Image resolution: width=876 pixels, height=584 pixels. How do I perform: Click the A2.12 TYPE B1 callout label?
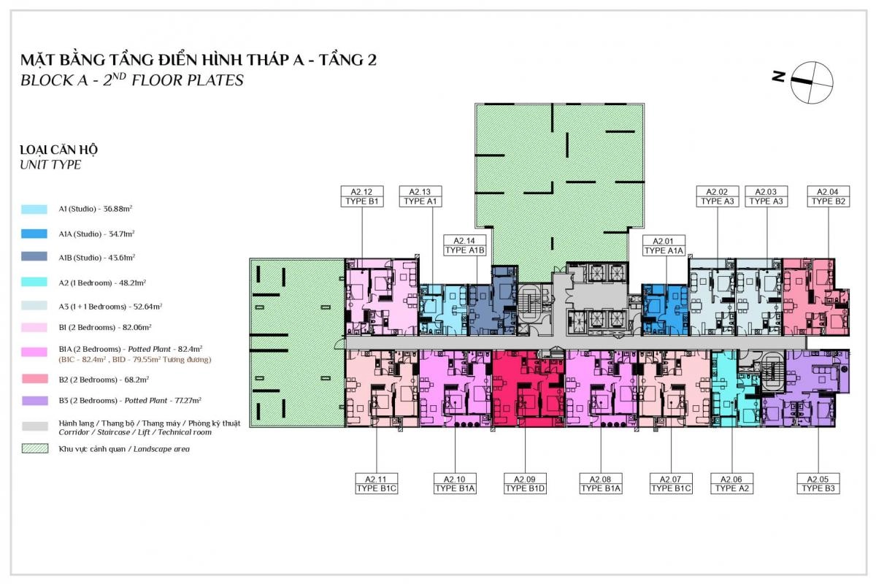(362, 196)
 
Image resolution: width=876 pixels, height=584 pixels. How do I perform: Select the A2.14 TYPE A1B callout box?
(464, 245)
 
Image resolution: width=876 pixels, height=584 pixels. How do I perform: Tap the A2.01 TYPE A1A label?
(664, 246)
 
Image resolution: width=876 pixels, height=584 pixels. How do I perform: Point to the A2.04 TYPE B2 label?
(829, 196)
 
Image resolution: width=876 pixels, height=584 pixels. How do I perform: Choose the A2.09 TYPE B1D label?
(525, 483)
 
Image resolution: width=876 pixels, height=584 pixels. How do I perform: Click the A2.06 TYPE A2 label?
(731, 483)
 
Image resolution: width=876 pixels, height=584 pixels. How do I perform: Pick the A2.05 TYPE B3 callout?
(818, 483)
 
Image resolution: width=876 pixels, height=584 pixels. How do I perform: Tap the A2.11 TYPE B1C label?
(376, 483)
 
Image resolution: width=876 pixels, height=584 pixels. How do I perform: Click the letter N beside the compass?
(778, 77)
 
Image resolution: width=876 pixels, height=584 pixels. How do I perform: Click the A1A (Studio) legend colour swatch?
(34, 234)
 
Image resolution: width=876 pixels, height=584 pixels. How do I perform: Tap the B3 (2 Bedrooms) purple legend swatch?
(35, 401)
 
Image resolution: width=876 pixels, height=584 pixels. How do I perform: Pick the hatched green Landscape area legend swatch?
(35, 448)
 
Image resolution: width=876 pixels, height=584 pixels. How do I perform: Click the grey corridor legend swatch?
(35, 426)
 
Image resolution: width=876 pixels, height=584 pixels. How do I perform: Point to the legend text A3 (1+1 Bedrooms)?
(110, 307)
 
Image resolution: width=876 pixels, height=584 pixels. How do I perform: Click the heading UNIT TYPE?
(50, 165)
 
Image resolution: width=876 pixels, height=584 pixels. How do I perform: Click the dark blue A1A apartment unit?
(665, 310)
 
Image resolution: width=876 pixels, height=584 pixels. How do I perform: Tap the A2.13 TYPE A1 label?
(420, 196)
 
